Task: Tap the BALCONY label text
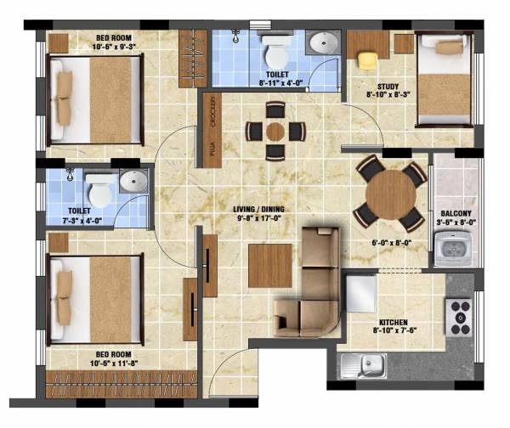tap(450, 214)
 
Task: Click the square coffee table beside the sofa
tap(269, 265)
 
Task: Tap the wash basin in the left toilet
tap(133, 181)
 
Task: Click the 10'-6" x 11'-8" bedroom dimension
tap(91, 360)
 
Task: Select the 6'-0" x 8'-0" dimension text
tap(391, 243)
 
